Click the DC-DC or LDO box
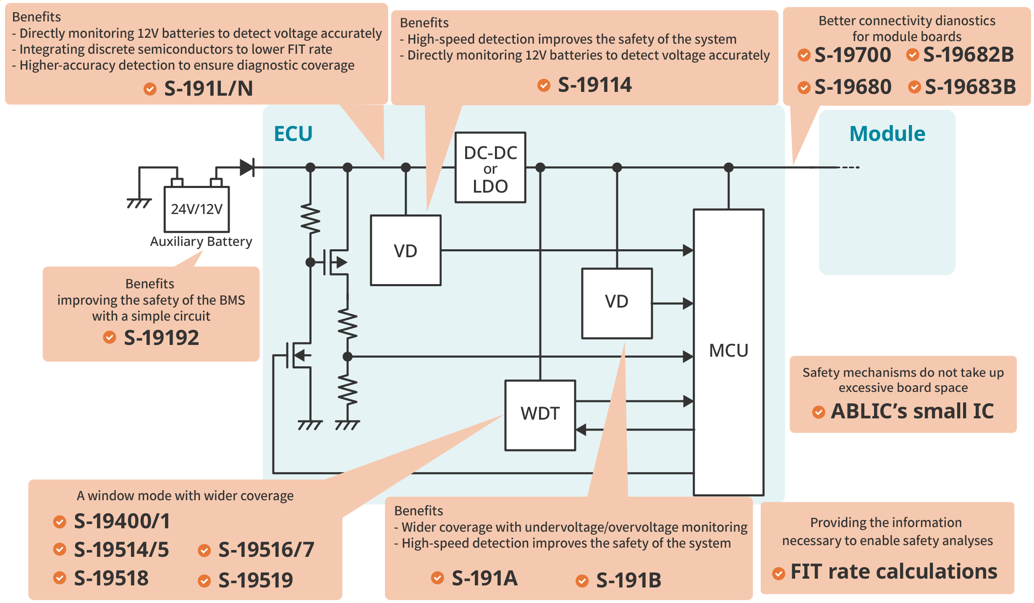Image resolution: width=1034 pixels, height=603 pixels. (x=490, y=168)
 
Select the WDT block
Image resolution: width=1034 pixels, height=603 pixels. (x=540, y=415)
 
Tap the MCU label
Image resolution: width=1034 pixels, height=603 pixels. (x=728, y=351)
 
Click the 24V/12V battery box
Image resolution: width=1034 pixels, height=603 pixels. (x=196, y=209)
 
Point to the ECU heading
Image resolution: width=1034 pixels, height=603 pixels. (x=293, y=134)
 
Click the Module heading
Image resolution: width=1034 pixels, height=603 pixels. (x=887, y=134)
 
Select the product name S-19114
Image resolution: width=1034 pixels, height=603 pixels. (x=594, y=85)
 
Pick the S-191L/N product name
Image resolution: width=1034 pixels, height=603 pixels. (x=208, y=89)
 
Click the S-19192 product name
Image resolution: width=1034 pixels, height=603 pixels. (x=161, y=338)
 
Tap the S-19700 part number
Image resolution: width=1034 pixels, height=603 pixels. (x=852, y=55)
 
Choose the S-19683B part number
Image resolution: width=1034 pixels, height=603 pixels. (x=970, y=87)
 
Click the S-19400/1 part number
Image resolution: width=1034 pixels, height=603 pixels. (x=122, y=521)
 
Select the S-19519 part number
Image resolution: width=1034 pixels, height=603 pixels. (x=256, y=580)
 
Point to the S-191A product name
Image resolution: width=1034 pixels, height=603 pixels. (x=484, y=579)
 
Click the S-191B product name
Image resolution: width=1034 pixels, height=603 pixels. (x=628, y=580)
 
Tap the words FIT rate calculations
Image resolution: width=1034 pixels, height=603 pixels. (x=894, y=572)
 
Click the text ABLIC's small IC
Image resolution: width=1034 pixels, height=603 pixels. (x=912, y=411)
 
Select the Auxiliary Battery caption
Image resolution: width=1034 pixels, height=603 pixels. (x=201, y=242)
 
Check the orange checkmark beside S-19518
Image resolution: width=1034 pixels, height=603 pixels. (x=60, y=578)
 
